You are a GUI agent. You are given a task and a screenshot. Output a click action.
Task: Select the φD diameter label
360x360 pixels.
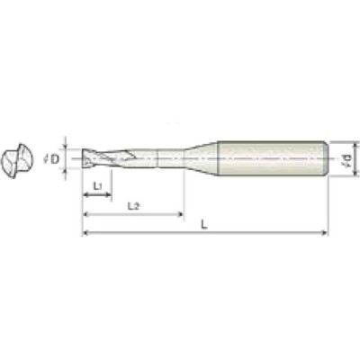pyautogui.click(x=55, y=159)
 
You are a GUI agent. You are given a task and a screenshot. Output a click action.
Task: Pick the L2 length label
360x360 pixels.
pyautogui.click(x=132, y=206)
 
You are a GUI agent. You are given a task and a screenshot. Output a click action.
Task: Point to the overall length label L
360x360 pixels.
pyautogui.click(x=204, y=225)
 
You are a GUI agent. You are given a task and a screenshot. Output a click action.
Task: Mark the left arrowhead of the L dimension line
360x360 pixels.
pyautogui.click(x=85, y=233)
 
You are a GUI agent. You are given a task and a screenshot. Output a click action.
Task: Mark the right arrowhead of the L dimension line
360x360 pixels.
pyautogui.click(x=326, y=233)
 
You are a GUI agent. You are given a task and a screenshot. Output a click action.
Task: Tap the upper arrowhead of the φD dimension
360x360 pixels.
pyautogui.click(x=66, y=148)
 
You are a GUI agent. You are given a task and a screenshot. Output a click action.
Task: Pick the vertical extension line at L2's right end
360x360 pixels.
pyautogui.click(x=184, y=193)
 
